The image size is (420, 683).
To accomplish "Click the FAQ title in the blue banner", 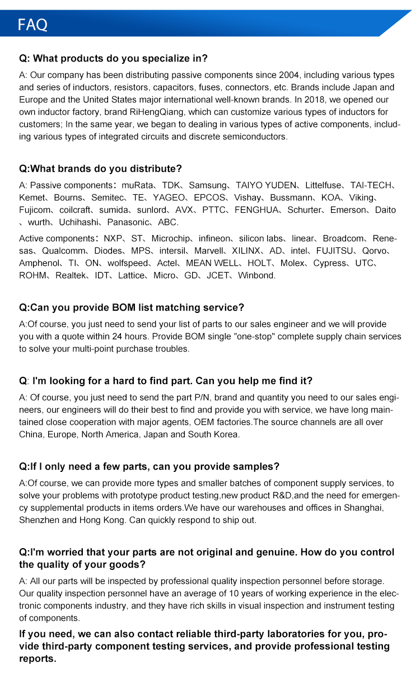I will [32, 25].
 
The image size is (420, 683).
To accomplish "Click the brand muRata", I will [136, 185].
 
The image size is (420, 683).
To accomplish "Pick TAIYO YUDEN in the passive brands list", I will [266, 185].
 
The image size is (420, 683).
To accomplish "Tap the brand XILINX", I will [247, 251].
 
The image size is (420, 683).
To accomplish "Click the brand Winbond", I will [256, 275].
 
